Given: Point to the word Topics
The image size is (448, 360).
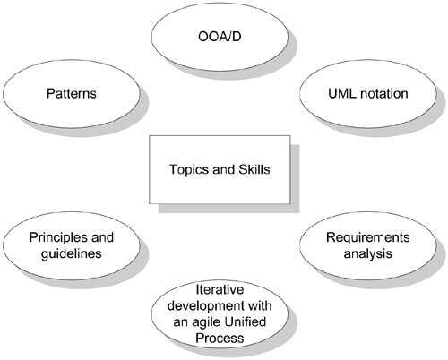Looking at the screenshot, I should tap(186, 169).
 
